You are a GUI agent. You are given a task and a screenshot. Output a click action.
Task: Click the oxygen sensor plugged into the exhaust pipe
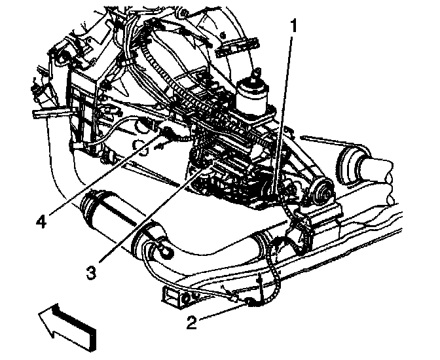[x=160, y=247]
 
